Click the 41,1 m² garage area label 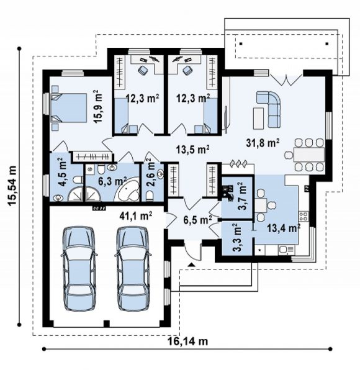(136, 215)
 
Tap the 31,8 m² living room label (263, 143)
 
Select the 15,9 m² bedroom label (98, 106)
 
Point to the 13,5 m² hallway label (193, 150)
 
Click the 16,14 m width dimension (187, 341)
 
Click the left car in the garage (79, 269)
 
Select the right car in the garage (133, 269)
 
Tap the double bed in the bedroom (69, 108)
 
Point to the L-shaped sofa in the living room (269, 109)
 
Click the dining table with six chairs (305, 155)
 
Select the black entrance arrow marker (191, 264)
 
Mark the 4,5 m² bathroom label (62, 173)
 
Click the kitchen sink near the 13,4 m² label (286, 250)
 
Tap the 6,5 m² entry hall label (198, 220)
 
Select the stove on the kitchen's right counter (304, 217)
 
